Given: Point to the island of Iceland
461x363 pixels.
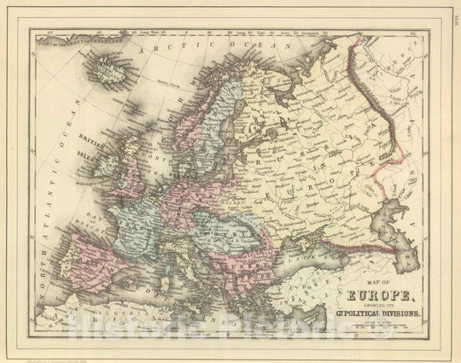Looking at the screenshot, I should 109,66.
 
